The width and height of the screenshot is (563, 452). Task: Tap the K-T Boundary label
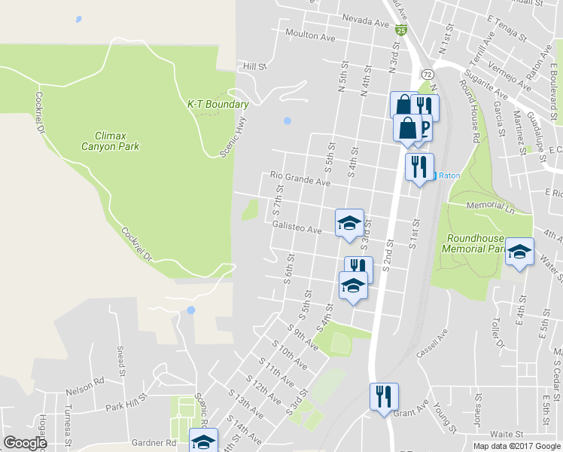(218, 104)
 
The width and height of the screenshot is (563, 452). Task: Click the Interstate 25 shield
(402, 30)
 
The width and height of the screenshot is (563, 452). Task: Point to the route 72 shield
(427, 75)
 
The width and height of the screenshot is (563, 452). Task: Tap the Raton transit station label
(449, 175)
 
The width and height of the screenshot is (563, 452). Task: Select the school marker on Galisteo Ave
(349, 222)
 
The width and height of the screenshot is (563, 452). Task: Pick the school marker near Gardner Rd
(202, 441)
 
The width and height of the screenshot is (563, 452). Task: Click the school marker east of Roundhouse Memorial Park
(519, 252)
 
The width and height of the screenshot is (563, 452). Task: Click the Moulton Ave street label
(310, 35)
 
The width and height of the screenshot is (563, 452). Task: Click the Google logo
(26, 443)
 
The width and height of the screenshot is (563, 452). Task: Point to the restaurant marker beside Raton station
(418, 166)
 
